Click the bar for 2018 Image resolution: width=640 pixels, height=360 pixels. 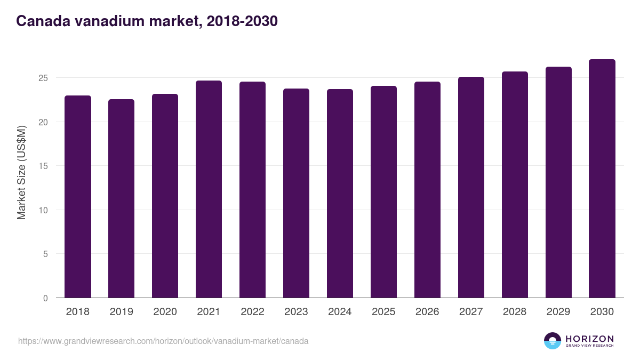pos(78,197)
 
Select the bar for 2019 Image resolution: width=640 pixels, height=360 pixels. pos(122,198)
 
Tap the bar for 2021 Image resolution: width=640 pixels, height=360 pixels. pos(209,189)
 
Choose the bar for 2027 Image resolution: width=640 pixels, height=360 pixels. pos(471,187)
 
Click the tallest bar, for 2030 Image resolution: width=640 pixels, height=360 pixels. pos(602,179)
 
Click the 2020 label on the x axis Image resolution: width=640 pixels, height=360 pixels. pos(165,312)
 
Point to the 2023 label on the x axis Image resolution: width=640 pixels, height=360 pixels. pos(297,312)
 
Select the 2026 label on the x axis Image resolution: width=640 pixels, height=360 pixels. pos(428,312)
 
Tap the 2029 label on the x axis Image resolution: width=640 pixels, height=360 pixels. pos(558,312)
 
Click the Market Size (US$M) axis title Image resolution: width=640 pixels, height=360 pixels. pos(21,172)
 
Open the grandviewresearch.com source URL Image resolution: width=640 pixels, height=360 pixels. pos(163,341)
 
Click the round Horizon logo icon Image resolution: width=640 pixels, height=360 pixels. pos(553,341)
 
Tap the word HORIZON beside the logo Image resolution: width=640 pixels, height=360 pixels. pos(589,338)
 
